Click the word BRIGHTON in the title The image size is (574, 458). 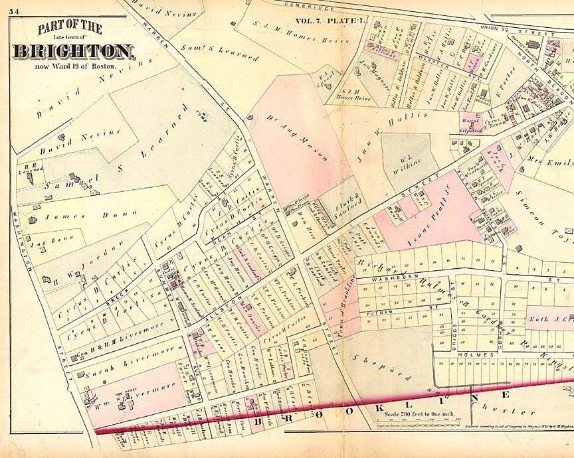(73, 51)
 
